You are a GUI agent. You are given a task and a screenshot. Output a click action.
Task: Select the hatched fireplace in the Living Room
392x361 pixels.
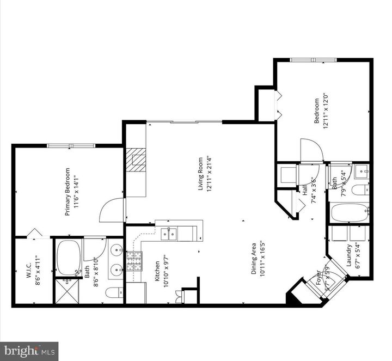click(137, 160)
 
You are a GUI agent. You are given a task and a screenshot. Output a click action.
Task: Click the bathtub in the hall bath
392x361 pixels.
click(350, 212)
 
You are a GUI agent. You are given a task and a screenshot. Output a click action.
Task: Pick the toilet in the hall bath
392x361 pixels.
click(360, 190)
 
